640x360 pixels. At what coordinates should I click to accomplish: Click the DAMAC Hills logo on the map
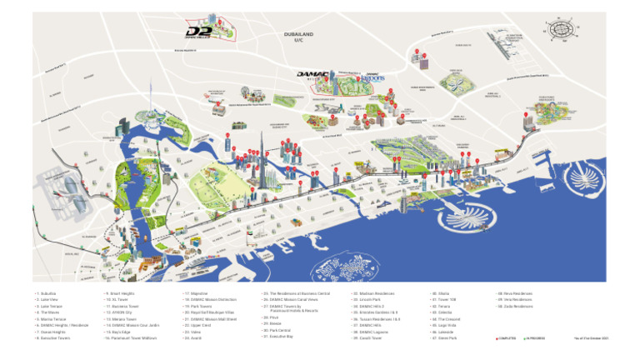coord(315,75)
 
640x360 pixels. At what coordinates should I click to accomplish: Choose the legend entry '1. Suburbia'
coord(47,294)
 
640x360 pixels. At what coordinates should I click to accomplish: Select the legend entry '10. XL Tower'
coord(117,300)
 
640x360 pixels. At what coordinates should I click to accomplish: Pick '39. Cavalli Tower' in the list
coord(367,338)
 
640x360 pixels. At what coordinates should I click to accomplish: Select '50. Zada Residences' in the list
coord(516,307)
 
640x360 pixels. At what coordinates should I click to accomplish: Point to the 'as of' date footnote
coord(592,338)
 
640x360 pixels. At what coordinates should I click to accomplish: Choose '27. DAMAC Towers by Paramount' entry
coord(287,308)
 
